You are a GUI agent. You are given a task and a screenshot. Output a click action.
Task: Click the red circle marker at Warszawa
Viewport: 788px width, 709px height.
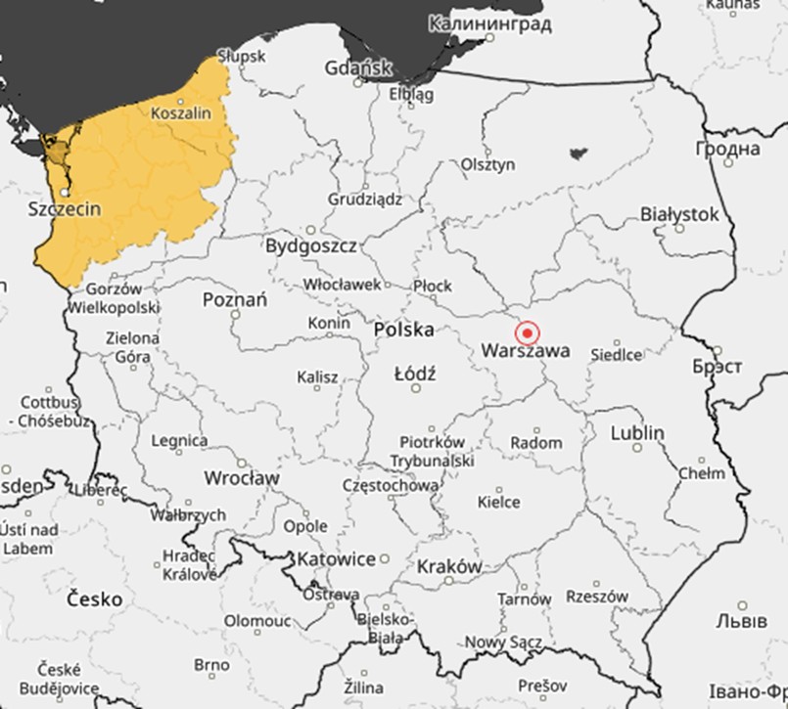(x=528, y=332)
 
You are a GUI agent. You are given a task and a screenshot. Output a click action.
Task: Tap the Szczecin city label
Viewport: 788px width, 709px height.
(x=65, y=209)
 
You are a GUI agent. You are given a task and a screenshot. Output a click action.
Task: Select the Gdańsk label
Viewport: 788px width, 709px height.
(x=359, y=67)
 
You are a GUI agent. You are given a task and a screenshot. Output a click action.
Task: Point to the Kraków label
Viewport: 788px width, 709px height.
(x=449, y=566)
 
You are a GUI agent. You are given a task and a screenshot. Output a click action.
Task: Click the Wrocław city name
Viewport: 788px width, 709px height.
(x=242, y=478)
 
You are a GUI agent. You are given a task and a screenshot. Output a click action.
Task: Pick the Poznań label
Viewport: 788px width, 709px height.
(x=234, y=299)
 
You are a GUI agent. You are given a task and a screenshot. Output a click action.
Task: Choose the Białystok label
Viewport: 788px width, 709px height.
(x=679, y=213)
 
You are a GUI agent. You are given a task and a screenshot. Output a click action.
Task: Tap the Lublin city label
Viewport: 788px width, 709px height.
(x=637, y=432)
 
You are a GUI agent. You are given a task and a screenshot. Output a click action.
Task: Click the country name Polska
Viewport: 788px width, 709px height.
(x=404, y=330)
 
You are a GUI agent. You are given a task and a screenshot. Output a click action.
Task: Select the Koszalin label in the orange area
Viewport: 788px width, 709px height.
(x=181, y=112)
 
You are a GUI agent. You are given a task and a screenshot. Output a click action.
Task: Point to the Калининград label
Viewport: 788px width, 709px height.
(x=476, y=22)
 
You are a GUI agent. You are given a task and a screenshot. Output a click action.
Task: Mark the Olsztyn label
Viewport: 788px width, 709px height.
(x=487, y=164)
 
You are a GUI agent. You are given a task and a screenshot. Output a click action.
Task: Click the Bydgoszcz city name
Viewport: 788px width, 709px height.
(x=310, y=245)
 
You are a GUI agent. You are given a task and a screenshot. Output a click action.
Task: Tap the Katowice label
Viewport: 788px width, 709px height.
(x=336, y=559)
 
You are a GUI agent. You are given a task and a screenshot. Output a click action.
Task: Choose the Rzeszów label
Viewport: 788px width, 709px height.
(x=597, y=596)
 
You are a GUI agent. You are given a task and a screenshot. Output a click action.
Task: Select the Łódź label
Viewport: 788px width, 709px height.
(x=415, y=374)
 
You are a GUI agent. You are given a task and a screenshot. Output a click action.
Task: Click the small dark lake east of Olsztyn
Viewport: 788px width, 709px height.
(x=578, y=153)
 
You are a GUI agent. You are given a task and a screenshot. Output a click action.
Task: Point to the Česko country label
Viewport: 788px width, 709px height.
(x=94, y=598)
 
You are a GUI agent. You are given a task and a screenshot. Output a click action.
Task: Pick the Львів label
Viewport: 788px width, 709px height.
(x=733, y=621)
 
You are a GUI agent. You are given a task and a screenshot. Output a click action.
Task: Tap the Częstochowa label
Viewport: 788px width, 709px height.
(x=391, y=485)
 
